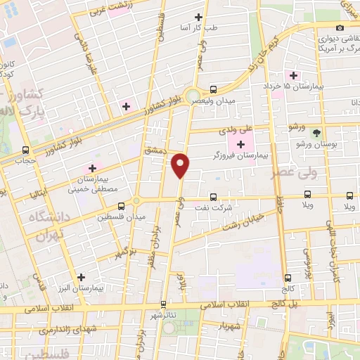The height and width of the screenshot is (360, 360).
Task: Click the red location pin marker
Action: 181,165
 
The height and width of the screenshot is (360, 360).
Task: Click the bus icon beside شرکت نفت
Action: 213,198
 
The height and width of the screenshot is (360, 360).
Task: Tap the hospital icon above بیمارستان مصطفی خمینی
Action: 91,168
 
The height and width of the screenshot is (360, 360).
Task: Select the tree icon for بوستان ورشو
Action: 316,133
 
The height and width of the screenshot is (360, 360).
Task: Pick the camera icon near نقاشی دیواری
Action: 340,27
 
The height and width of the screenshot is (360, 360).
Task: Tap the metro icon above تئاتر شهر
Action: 164,304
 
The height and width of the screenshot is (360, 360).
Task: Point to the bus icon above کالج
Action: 288,278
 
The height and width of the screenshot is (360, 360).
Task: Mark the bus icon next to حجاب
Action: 27,150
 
